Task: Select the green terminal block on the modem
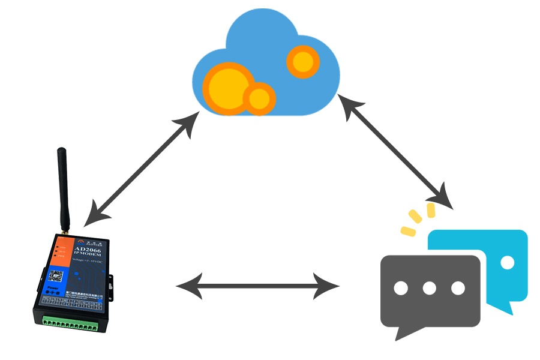(70, 326)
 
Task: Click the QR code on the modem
(55, 277)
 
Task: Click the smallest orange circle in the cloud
(259, 98)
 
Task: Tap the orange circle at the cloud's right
(302, 62)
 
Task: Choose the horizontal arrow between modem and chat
(257, 287)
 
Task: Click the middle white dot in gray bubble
(429, 288)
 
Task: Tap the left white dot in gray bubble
(401, 288)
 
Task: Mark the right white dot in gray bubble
(458, 288)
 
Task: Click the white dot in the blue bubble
(508, 262)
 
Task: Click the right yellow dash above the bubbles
(431, 210)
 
